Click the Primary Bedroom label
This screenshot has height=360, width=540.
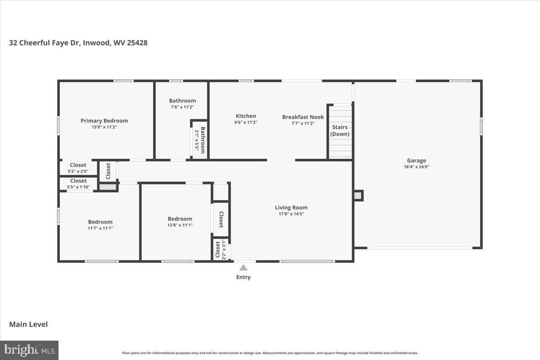coord(104,121)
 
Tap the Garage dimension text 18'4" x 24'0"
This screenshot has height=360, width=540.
coord(416,167)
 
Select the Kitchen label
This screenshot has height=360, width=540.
coord(246,116)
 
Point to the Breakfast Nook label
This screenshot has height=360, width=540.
coord(303,117)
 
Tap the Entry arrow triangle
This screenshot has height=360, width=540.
coord(243,268)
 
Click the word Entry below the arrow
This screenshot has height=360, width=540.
coord(243,277)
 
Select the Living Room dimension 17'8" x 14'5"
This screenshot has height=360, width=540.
coord(291,214)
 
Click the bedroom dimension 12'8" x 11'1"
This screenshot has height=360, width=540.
coord(180,225)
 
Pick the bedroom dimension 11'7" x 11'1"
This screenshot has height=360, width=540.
coord(100,228)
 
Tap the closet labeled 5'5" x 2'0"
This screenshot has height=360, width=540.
coord(78,168)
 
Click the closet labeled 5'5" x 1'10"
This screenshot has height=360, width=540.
coord(78,184)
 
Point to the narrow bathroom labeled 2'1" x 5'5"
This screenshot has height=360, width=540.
coord(199,140)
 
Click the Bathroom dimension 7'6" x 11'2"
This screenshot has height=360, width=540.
coord(182,107)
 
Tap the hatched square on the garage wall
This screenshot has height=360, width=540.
coord(358,195)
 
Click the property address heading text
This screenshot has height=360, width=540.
coord(78,43)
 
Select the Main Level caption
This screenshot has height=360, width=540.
coord(28,324)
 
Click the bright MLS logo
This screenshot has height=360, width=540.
coord(29,350)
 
